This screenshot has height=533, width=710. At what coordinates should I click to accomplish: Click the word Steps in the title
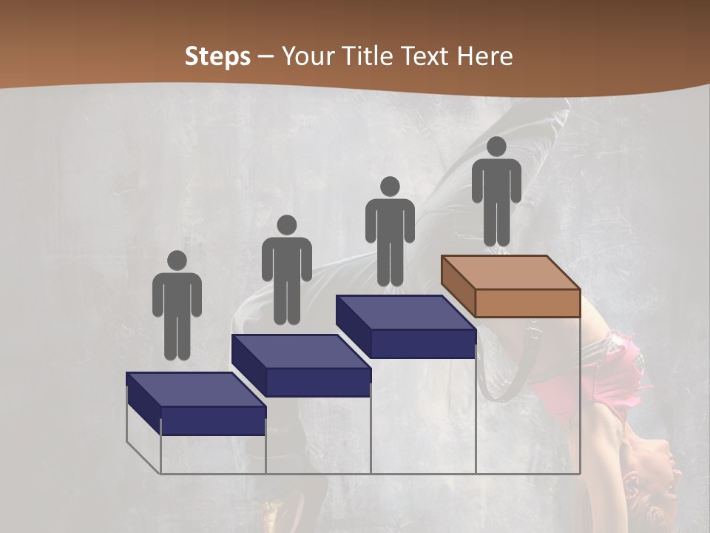click(217, 56)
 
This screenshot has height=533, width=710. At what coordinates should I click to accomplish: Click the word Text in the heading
click(425, 56)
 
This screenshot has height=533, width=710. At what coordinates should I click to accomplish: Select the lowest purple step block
click(196, 403)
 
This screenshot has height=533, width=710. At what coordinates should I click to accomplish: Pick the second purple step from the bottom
click(302, 366)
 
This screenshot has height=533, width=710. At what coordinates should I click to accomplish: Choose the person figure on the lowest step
click(177, 306)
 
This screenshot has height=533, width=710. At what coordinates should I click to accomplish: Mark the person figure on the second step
click(286, 271)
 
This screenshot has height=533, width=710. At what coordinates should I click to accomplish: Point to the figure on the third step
click(390, 232)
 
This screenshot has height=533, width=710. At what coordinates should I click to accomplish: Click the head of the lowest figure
click(177, 261)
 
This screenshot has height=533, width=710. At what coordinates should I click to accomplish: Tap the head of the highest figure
click(496, 147)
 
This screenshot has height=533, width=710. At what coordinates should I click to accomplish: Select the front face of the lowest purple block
click(213, 420)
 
